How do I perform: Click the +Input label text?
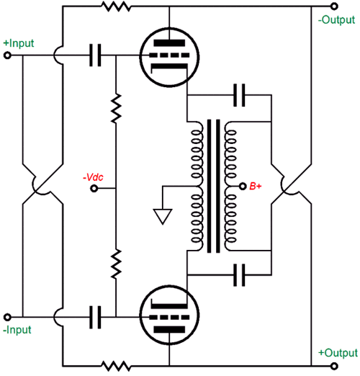[x=19, y=43]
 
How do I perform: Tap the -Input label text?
[x=17, y=330]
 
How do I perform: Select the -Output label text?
[x=336, y=20]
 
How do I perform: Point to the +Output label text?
[x=338, y=353]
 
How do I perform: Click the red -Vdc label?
[x=93, y=177]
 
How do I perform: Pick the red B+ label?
[x=256, y=187]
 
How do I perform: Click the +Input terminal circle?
[x=7, y=55]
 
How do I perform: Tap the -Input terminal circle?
[x=7, y=318]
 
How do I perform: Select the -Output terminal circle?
[x=334, y=6]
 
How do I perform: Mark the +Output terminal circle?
[x=334, y=366]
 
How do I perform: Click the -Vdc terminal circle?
[x=94, y=189]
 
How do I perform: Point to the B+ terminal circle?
[x=243, y=186]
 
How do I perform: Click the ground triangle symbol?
[x=163, y=216]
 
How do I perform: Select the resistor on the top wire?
[x=116, y=6]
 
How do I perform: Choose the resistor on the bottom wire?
[x=116, y=366]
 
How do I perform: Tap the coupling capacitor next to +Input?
[x=95, y=55]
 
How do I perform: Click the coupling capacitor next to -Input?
[x=95, y=317]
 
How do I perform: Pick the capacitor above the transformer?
[x=239, y=95]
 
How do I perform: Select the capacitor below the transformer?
[x=239, y=275]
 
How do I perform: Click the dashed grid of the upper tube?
[x=169, y=55]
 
